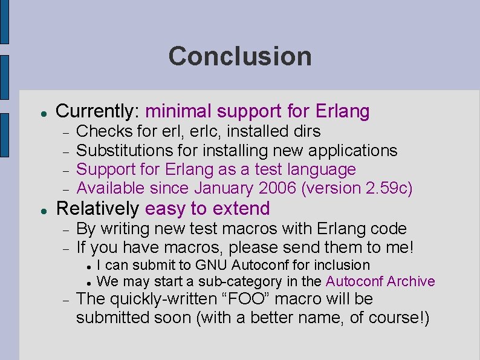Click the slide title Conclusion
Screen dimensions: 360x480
(x=240, y=56)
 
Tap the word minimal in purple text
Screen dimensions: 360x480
(x=178, y=111)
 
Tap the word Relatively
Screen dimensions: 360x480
(x=97, y=209)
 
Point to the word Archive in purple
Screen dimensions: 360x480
(x=410, y=281)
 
